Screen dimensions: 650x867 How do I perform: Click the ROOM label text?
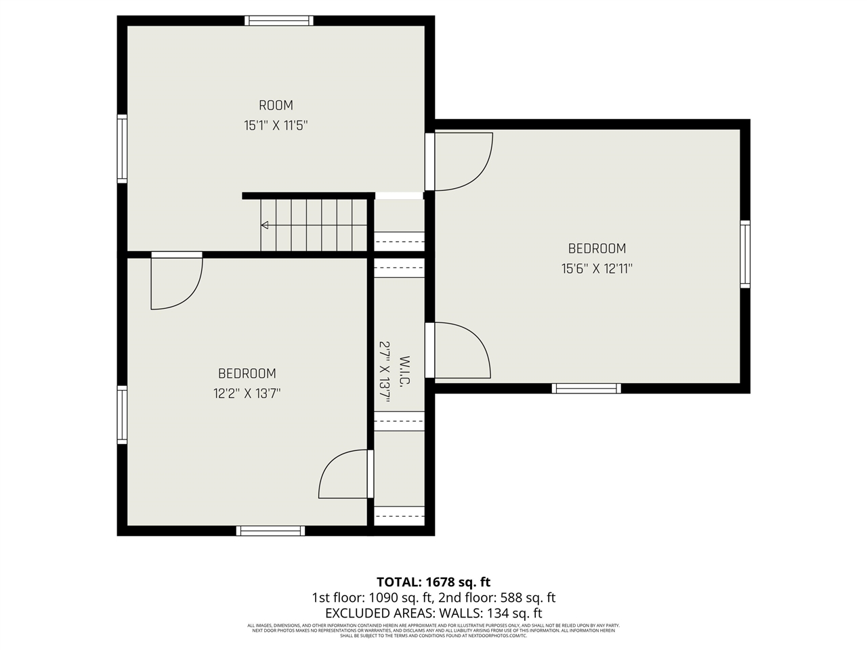pos(276,105)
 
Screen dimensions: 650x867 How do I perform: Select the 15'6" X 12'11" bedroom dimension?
pos(596,269)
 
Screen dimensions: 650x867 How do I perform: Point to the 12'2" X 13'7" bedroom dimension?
pos(247,393)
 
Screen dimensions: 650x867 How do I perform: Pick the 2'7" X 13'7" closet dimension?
pos(385,372)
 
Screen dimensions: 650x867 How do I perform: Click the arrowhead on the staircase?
pos(264,225)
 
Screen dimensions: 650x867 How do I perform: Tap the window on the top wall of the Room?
pos(279,20)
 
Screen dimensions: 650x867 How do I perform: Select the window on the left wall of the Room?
pos(122,149)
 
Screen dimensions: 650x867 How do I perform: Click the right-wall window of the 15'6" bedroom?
pos(745,254)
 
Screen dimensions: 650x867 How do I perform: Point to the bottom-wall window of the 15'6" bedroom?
pos(586,388)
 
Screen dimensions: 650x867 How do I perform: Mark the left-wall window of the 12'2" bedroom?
pos(122,414)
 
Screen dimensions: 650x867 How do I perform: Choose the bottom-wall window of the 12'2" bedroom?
pos(270,531)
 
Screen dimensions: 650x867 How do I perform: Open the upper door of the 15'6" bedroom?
pos(458,161)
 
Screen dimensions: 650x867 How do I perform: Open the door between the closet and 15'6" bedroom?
pos(458,350)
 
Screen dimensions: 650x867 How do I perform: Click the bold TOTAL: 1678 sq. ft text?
pos(433,582)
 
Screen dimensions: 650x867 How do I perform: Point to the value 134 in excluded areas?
pos(497,613)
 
